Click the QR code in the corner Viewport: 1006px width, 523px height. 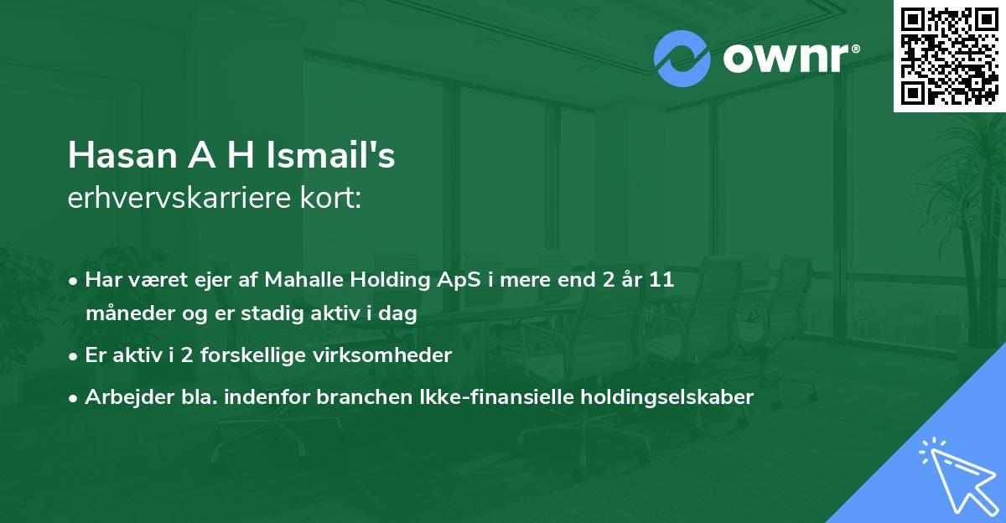pos(949,56)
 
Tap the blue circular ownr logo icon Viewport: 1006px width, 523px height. pos(682,59)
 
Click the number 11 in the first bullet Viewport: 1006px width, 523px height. pos(661,281)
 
